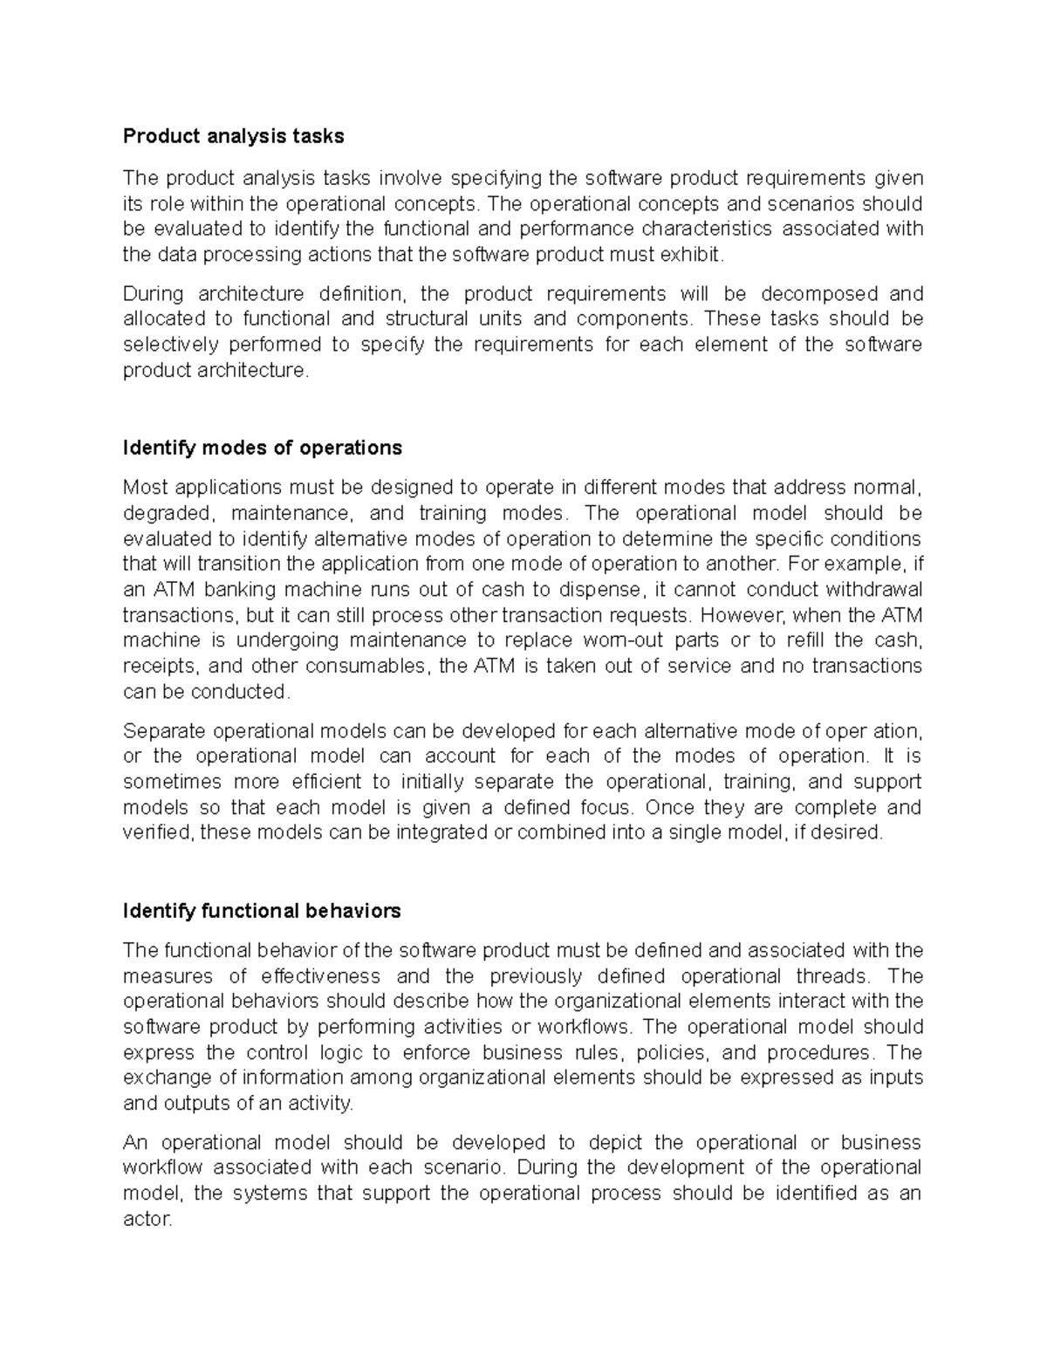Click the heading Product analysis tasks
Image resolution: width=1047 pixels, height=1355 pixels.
[x=233, y=136]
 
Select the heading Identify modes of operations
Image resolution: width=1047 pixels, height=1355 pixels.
[x=263, y=448]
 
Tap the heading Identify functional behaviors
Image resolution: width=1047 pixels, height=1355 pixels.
[x=262, y=911]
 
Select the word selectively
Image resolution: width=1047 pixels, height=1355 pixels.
[x=172, y=345]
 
